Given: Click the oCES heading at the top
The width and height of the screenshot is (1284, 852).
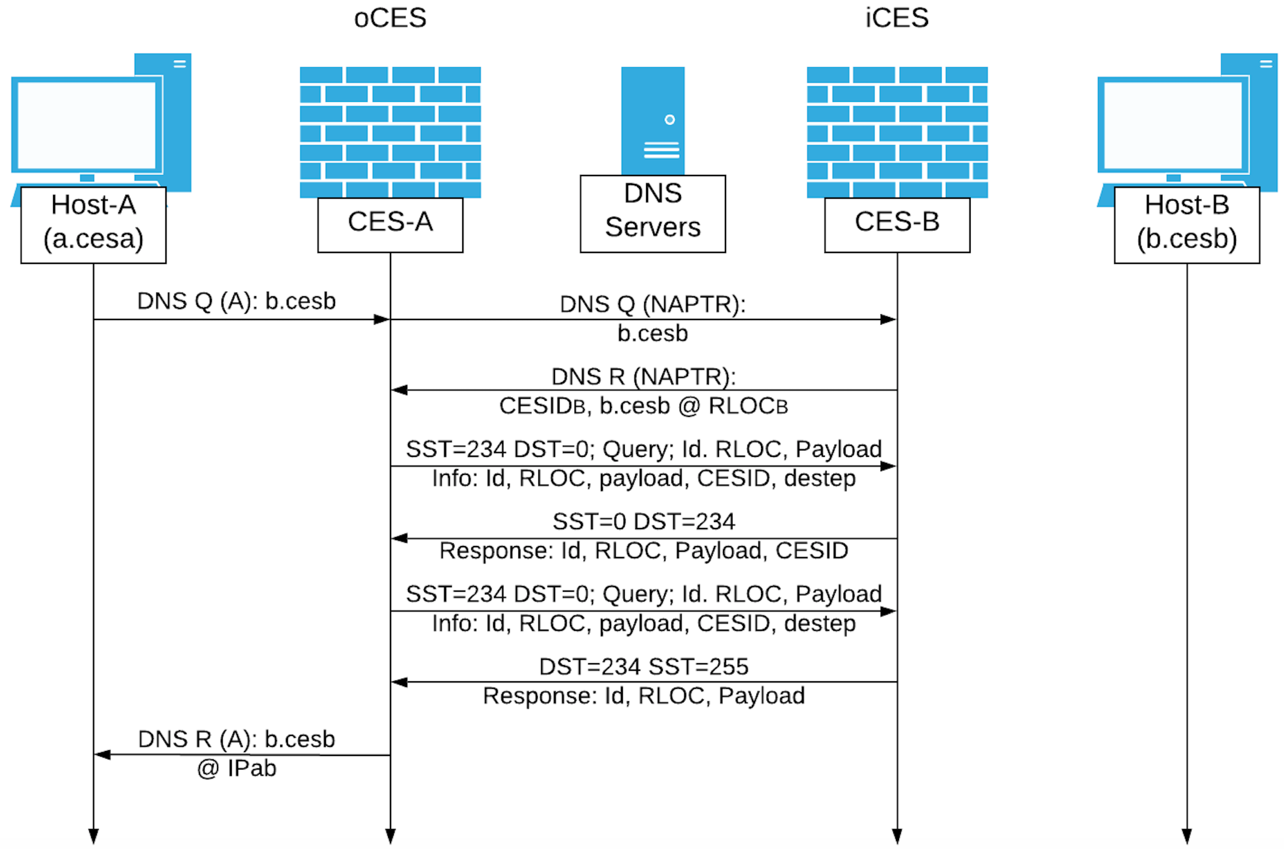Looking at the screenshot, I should (x=390, y=18).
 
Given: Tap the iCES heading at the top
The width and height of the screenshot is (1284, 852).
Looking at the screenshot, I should (x=897, y=18).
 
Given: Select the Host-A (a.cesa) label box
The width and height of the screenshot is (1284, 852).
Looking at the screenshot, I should (x=93, y=225).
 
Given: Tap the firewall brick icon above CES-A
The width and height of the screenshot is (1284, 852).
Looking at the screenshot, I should (x=390, y=132).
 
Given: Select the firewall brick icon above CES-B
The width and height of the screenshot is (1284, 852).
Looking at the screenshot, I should (x=897, y=132).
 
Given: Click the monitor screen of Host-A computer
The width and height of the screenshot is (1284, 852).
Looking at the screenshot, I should (x=87, y=125).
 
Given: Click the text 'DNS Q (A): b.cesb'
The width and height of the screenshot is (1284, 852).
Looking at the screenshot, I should (x=236, y=301).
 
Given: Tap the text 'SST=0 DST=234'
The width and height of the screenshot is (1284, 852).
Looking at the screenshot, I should (x=644, y=522).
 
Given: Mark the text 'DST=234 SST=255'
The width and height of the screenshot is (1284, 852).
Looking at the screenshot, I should (x=644, y=667).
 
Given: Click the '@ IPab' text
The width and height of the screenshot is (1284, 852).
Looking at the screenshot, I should (x=236, y=768).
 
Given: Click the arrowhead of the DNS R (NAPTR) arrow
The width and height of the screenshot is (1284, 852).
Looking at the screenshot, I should (x=399, y=390).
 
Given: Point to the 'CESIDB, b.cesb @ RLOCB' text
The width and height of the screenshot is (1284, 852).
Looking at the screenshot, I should (x=644, y=406).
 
